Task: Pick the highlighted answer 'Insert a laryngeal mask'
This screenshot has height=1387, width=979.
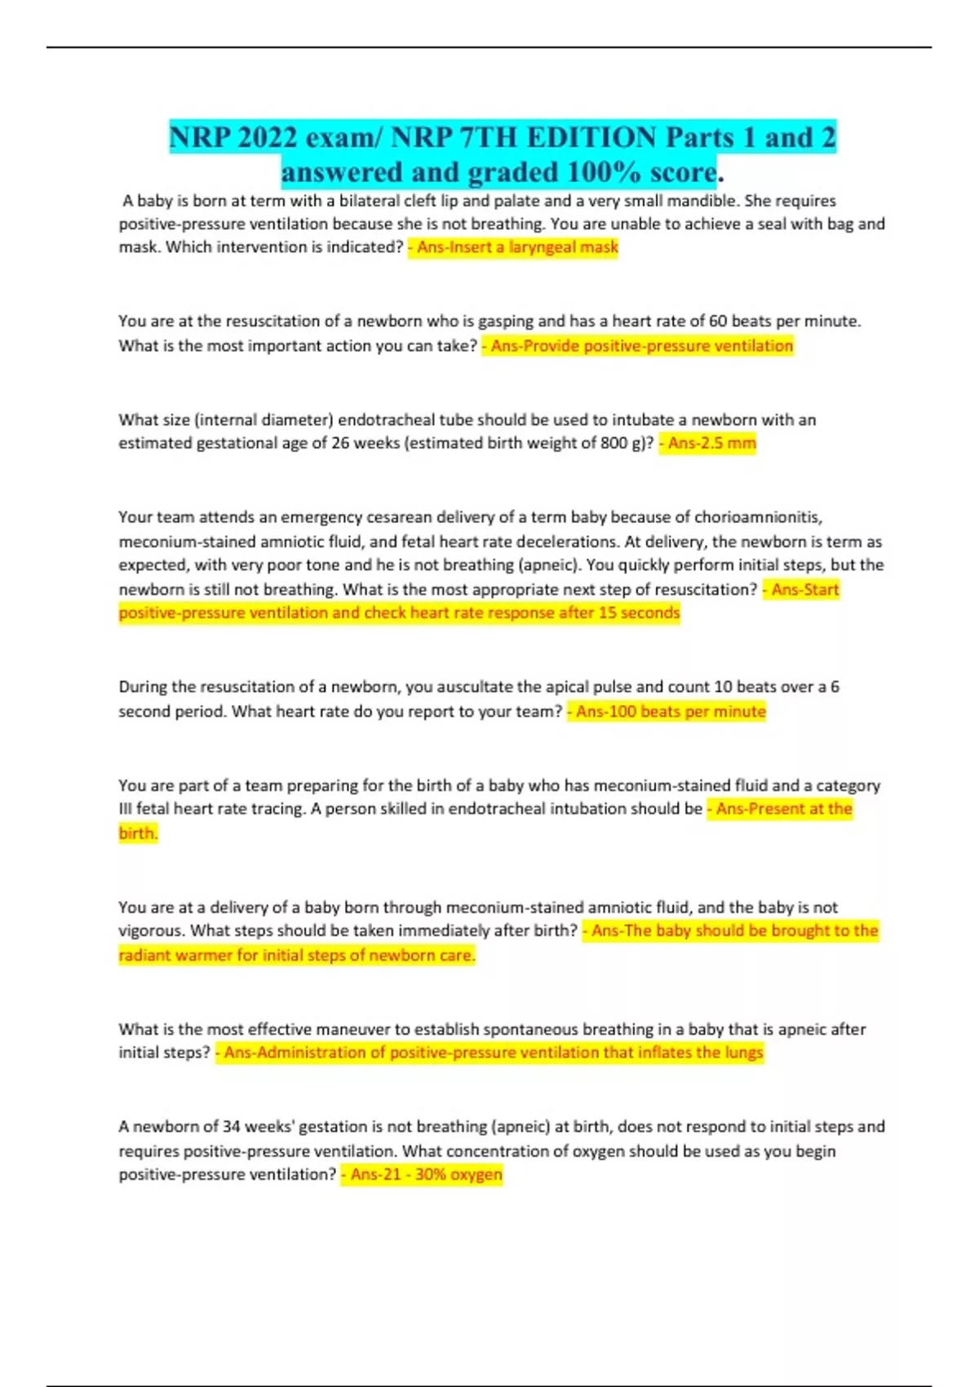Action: click(517, 247)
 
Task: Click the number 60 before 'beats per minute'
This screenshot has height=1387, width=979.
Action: click(717, 321)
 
